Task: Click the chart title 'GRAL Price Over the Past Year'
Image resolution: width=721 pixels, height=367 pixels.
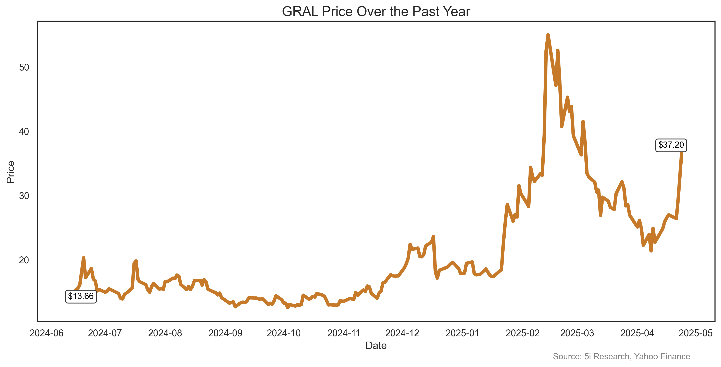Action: pyautogui.click(x=376, y=12)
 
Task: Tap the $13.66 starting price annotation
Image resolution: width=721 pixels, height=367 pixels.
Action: pyautogui.click(x=81, y=296)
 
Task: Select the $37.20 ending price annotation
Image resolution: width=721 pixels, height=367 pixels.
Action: pyautogui.click(x=671, y=145)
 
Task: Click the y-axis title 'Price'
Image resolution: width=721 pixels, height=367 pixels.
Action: pyautogui.click(x=11, y=172)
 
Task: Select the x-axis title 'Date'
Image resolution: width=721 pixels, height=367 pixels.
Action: pyautogui.click(x=376, y=346)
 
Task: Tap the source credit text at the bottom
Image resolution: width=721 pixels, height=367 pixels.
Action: pyautogui.click(x=621, y=356)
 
